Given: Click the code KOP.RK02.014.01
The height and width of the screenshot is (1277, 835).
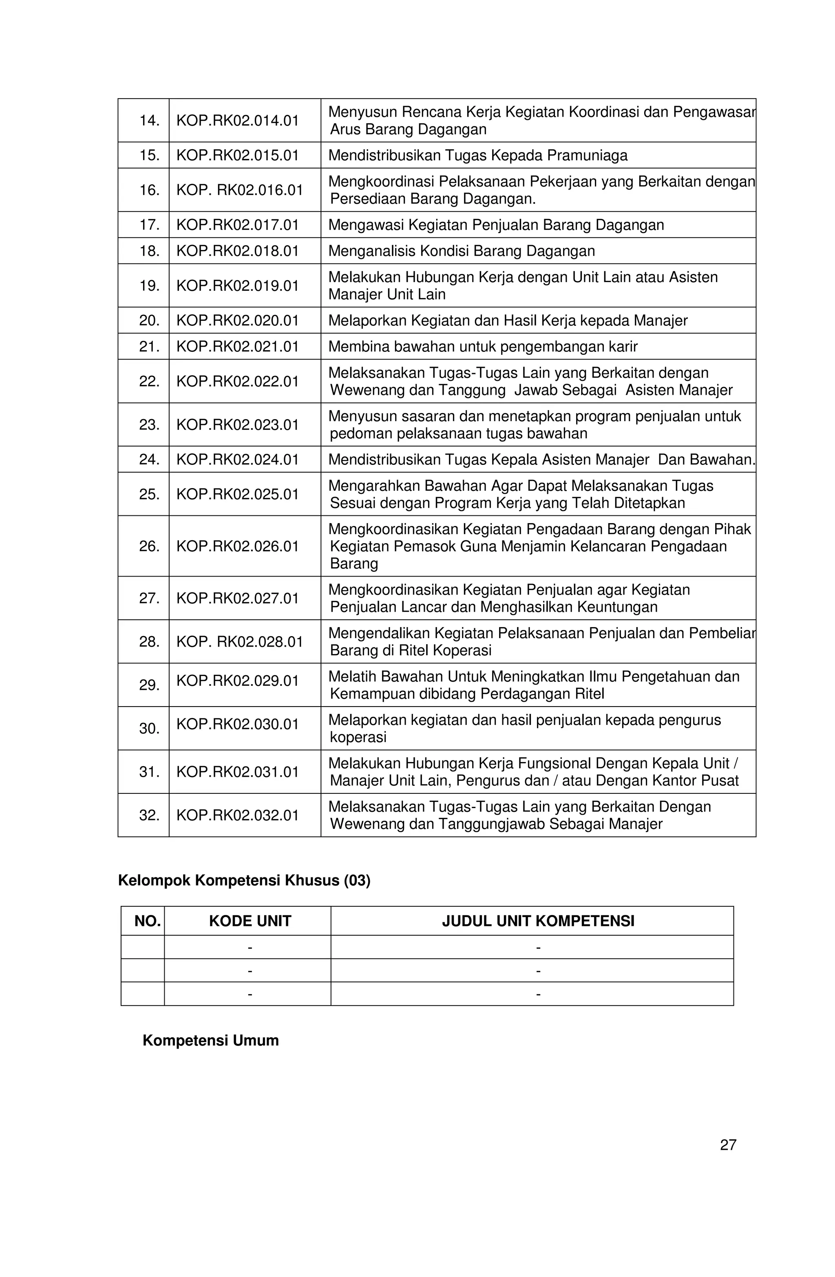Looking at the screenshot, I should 237,120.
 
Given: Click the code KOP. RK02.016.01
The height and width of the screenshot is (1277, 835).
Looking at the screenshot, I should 239,190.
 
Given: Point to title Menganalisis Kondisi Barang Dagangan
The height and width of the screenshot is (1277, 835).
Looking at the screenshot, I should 462,251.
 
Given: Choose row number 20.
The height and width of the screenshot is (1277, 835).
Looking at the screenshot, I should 149,320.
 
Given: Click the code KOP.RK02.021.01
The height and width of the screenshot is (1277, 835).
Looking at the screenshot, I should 237,347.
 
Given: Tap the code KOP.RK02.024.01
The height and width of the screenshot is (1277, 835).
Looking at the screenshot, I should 237,459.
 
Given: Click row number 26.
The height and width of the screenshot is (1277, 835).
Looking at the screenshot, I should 149,546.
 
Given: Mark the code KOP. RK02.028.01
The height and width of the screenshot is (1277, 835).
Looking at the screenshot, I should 239,642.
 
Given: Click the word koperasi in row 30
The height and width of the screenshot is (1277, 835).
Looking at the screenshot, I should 358,737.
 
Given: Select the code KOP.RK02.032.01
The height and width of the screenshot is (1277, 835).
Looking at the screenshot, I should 237,815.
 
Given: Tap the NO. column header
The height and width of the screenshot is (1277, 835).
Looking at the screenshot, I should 148,921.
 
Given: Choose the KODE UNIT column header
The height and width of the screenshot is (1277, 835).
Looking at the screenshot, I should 250,921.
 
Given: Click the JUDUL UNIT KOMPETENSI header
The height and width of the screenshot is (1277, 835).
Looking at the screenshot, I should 538,921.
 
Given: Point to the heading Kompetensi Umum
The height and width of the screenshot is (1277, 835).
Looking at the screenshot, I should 210,1041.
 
